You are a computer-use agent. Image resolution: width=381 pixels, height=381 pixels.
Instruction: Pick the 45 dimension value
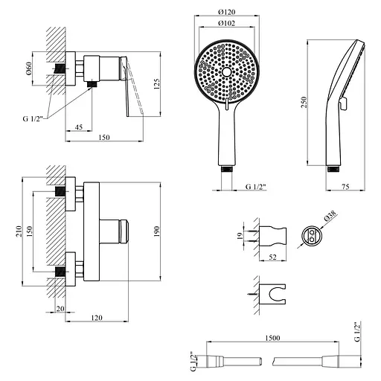(x=79, y=127)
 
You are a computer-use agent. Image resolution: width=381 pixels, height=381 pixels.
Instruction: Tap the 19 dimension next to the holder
(x=240, y=236)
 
